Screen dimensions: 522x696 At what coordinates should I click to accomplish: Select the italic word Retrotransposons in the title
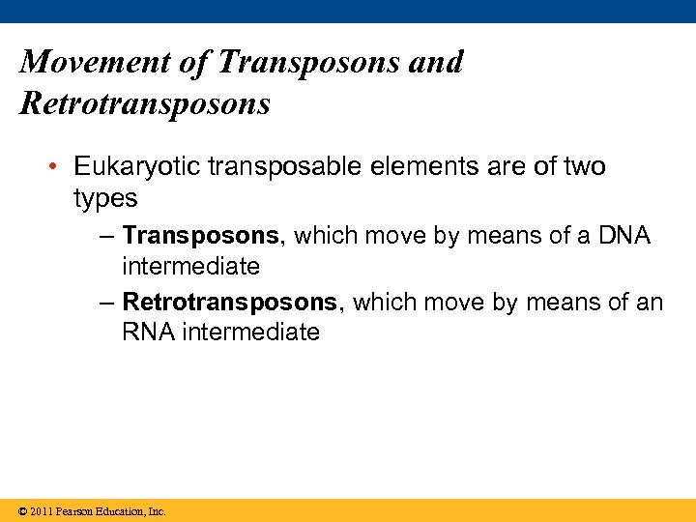click(145, 102)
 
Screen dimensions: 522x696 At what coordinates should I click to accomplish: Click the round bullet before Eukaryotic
click(59, 167)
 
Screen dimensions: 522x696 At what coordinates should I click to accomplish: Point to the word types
click(105, 198)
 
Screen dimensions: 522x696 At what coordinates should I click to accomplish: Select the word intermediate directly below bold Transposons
click(190, 265)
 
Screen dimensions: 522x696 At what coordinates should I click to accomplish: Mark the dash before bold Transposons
click(106, 235)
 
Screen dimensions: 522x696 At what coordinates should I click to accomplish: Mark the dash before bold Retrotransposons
click(106, 303)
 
